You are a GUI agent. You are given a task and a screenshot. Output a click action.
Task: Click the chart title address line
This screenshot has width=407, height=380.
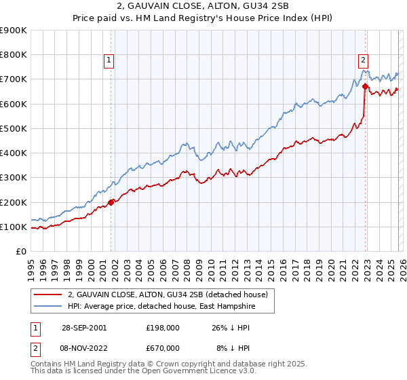click(203, 7)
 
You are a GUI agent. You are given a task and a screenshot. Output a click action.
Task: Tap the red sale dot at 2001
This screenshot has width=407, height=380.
click(111, 202)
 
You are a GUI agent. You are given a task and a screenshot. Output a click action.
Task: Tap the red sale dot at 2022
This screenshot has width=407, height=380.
click(365, 86)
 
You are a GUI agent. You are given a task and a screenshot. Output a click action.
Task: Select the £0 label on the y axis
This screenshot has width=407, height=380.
click(22, 251)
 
